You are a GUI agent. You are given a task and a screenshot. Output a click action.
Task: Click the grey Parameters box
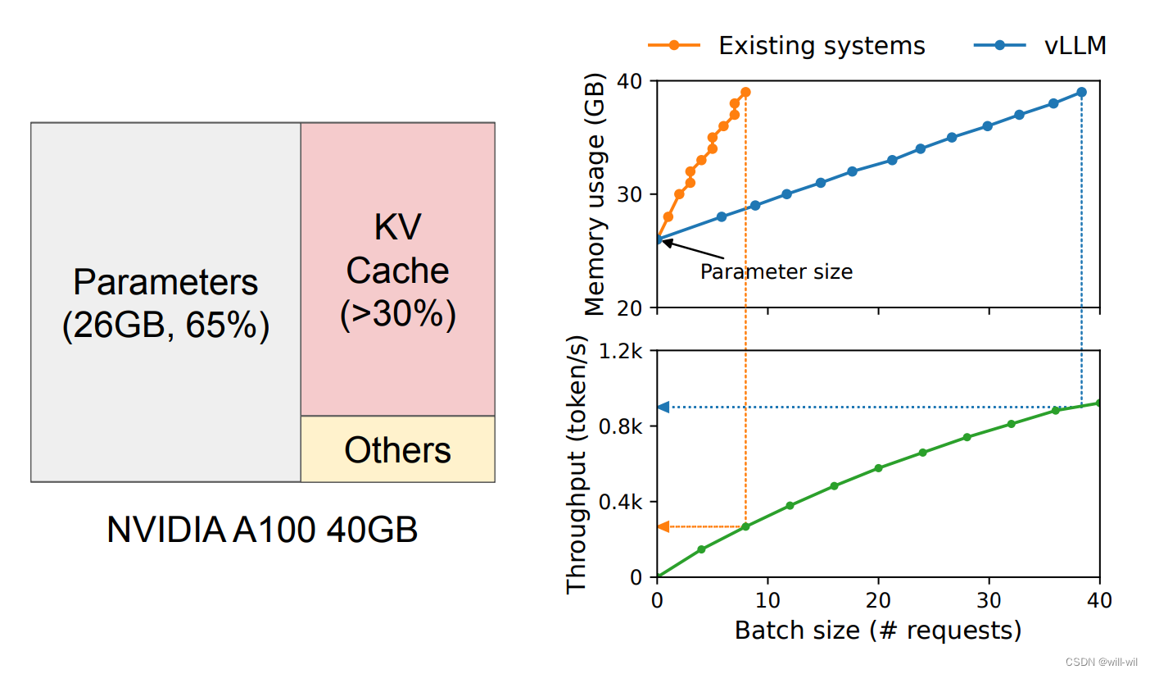165,302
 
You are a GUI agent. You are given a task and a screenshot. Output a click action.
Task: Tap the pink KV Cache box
398,269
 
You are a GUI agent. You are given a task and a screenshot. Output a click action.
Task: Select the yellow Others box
398,449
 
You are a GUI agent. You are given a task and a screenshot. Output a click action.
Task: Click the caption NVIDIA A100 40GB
262,531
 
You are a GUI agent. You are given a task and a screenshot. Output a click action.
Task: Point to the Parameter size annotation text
776,271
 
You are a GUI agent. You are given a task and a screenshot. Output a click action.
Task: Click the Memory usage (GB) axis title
595,195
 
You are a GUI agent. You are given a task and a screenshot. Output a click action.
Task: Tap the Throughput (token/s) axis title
577,464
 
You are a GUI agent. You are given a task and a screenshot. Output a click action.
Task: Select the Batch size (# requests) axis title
878,631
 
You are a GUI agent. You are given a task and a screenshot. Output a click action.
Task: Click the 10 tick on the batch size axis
767,599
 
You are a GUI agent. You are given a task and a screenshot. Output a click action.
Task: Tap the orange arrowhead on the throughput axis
663,526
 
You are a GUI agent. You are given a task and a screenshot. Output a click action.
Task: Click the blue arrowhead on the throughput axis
663,407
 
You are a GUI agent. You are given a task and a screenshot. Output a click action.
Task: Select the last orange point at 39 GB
745,92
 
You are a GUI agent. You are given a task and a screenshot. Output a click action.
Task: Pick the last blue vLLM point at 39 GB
1081,92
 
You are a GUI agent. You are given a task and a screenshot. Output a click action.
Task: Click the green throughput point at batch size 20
878,468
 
